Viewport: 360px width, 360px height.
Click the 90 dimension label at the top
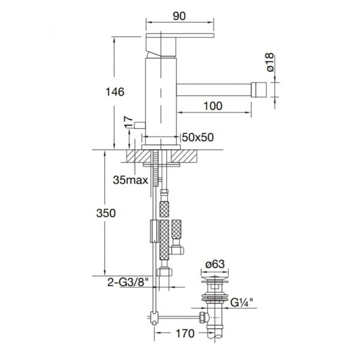click(179, 16)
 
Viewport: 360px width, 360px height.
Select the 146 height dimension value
click(115, 92)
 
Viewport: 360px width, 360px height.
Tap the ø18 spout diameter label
click(271, 62)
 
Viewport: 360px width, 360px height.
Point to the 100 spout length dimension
click(213, 106)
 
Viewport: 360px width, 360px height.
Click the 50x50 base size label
click(197, 137)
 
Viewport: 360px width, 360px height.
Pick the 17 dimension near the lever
click(128, 122)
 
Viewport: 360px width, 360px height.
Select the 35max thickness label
click(130, 180)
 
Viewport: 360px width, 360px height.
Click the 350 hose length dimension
click(106, 213)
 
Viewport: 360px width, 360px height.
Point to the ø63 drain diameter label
click(215, 264)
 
